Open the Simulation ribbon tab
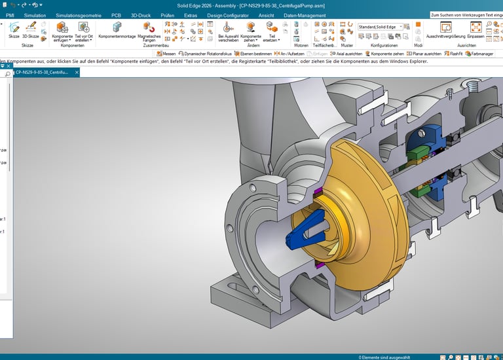pos(34,14)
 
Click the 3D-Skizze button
pos(30,29)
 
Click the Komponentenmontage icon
pos(117,29)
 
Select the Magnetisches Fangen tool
pos(149,30)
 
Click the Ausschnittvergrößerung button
pos(445,29)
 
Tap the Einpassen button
pos(475,29)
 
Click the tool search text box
pos(466,14)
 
